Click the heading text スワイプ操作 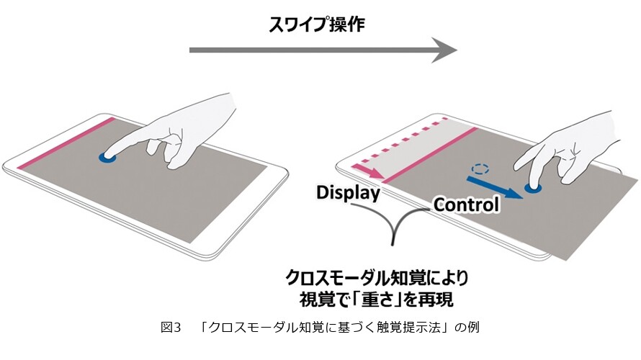point(316,24)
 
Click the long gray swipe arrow point(323,50)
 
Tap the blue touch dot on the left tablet point(108,158)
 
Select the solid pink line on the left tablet point(66,143)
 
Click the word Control point(467,204)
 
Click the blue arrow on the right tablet point(495,187)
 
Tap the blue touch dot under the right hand point(533,188)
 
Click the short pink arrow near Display point(370,171)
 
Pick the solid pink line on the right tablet point(431,155)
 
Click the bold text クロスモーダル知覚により point(377,279)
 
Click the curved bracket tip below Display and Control point(393,244)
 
